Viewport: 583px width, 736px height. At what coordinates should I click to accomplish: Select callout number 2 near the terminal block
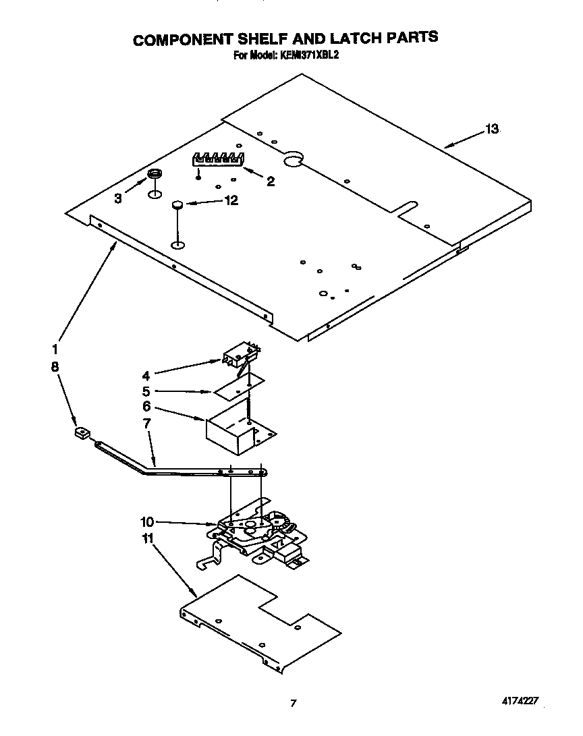tap(271, 181)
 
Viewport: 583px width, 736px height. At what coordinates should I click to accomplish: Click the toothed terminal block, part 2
tap(217, 161)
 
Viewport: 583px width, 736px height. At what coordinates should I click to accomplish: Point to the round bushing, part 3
tap(155, 175)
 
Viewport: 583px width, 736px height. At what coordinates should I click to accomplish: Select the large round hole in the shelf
tap(294, 159)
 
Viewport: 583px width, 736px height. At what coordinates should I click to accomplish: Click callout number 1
tap(54, 349)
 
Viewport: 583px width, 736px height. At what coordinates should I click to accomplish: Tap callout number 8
tap(54, 366)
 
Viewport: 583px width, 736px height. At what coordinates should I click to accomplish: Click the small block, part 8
tap(82, 432)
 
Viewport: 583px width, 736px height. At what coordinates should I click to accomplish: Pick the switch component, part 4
tap(240, 354)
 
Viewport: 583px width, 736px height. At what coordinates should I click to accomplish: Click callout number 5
tap(146, 391)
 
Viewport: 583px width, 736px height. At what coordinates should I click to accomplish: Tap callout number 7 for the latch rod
tap(146, 423)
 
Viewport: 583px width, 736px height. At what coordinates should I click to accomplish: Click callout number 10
tap(147, 521)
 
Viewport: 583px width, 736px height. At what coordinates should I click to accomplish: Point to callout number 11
tap(147, 538)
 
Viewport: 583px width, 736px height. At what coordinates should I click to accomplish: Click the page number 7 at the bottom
tap(293, 703)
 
